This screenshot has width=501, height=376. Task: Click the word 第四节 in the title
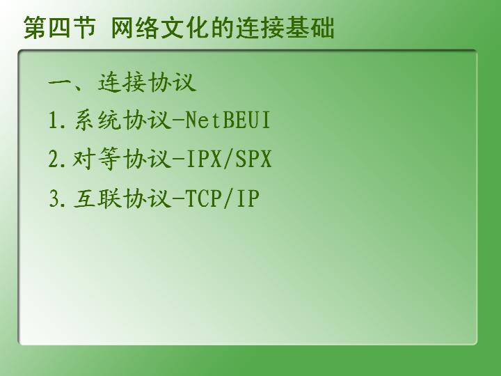tap(60, 27)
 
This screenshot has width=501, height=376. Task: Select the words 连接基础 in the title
tap(285, 27)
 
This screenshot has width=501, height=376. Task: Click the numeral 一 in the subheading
tap(60, 83)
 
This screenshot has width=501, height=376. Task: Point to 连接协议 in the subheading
tap(147, 82)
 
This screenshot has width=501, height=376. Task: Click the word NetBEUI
tap(228, 120)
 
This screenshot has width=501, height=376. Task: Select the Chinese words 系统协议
tap(122, 120)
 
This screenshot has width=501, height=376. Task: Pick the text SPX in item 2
tap(253, 159)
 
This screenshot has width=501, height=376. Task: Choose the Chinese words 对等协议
tap(122, 159)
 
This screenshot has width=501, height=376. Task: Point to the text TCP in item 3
tap(203, 198)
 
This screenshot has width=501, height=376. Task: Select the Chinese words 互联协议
tap(122, 198)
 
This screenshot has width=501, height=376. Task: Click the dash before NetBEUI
tap(179, 120)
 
